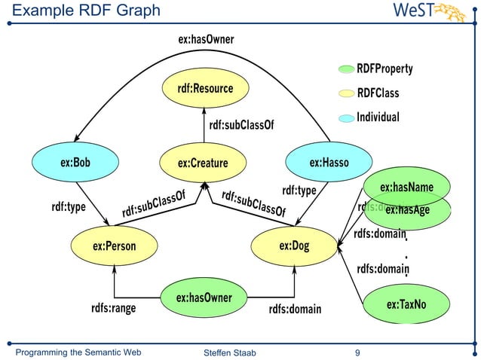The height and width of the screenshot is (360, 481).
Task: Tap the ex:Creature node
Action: pyautogui.click(x=203, y=163)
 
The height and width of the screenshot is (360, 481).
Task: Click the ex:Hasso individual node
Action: pyautogui.click(x=329, y=162)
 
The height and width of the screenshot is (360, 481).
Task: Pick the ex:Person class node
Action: pyautogui.click(x=115, y=246)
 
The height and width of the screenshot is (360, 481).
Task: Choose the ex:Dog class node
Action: pyautogui.click(x=294, y=246)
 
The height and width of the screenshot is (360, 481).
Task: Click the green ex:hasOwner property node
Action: pyautogui.click(x=204, y=298)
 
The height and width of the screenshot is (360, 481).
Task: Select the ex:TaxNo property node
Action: pyautogui.click(x=406, y=304)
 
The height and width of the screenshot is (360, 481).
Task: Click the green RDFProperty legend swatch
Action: pyautogui.click(x=345, y=70)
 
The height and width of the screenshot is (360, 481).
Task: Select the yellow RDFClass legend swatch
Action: pyautogui.click(x=345, y=94)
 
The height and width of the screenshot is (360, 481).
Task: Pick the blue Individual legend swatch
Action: pyautogui.click(x=345, y=118)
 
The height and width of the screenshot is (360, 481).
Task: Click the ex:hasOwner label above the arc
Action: pyautogui.click(x=206, y=39)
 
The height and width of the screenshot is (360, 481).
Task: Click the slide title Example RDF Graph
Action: pyautogui.click(x=87, y=11)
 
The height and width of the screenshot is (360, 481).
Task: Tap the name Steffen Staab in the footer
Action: pyautogui.click(x=228, y=352)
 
